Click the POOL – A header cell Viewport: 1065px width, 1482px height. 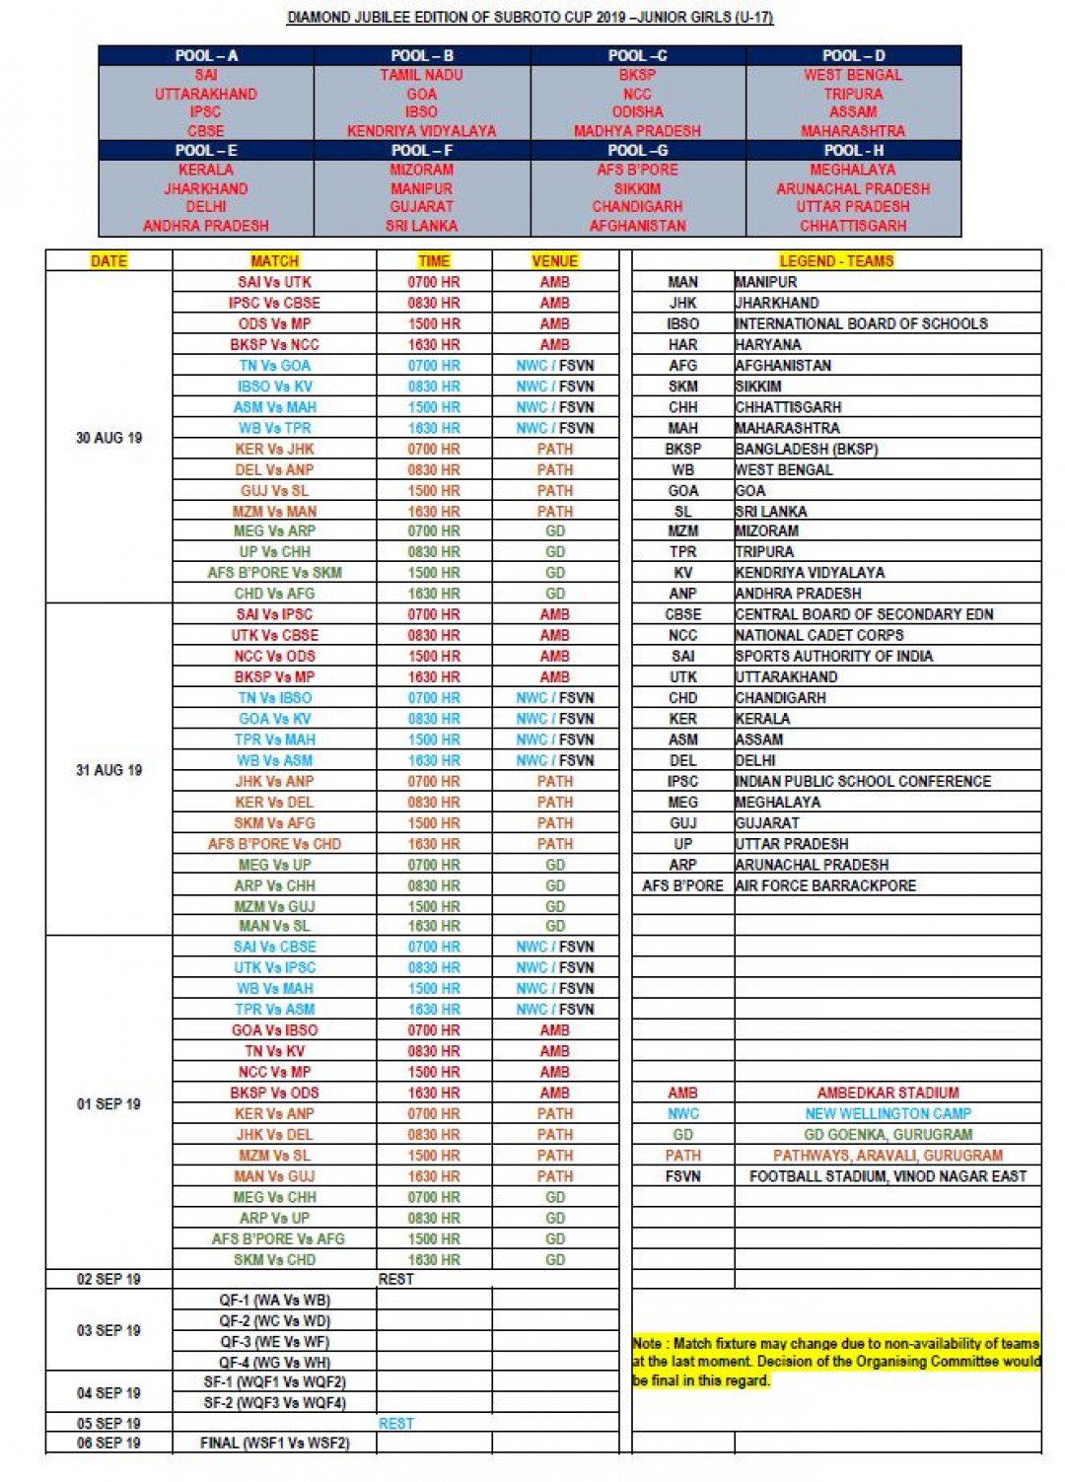206,56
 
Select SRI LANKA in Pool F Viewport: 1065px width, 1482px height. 421,226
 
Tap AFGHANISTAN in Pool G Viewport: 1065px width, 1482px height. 638,226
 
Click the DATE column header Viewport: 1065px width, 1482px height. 108,261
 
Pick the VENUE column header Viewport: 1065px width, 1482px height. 554,261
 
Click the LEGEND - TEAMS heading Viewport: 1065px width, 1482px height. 836,261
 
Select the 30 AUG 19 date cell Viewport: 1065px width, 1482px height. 108,438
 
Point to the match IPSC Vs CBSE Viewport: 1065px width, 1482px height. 274,303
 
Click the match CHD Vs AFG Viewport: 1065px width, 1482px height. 274,594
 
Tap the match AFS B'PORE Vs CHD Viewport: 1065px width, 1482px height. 274,844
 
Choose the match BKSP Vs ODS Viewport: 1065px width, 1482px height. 274,1093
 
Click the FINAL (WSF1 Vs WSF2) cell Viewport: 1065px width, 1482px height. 274,1443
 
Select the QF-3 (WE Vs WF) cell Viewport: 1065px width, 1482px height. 274,1342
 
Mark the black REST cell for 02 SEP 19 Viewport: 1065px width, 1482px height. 395,1279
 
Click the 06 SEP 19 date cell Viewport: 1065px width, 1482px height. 108,1443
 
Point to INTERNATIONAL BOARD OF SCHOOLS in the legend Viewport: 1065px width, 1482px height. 861,323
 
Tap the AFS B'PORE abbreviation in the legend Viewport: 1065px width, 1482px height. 682,885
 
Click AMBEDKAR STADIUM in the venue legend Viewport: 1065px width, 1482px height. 887,1093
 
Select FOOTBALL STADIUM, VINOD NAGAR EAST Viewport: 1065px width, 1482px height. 887,1176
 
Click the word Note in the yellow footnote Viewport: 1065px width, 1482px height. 647,1343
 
